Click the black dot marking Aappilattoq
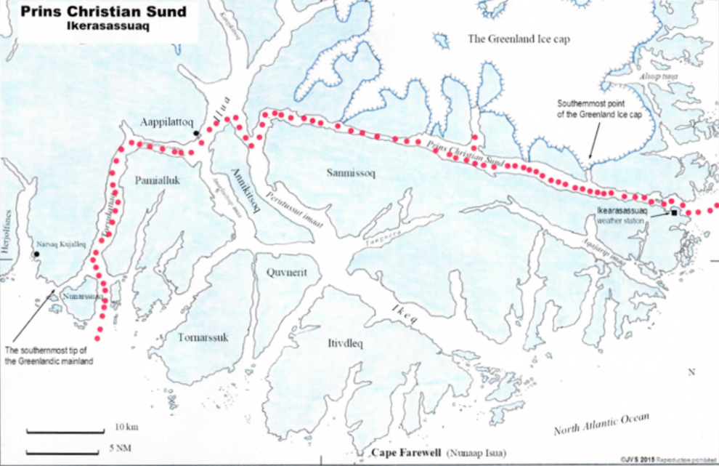197,133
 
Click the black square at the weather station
674,212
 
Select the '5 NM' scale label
121,447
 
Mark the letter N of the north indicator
692,371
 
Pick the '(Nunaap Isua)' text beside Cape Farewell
476,454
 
